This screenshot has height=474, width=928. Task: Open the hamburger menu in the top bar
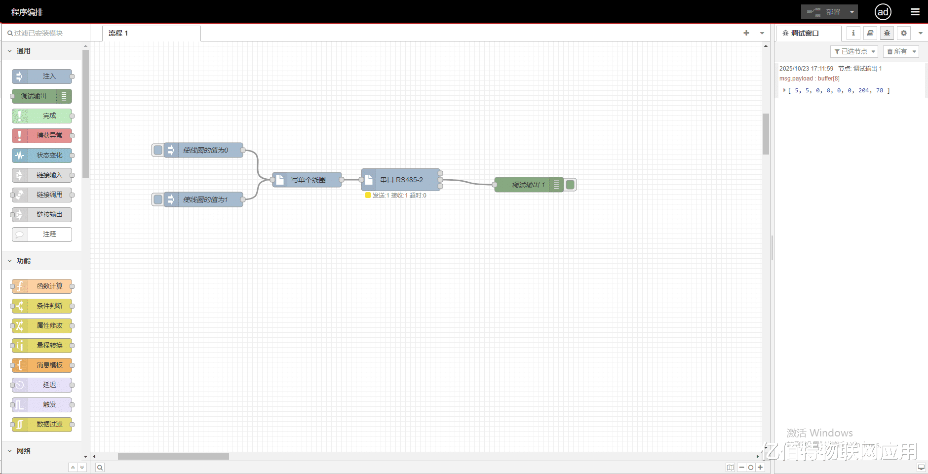(915, 12)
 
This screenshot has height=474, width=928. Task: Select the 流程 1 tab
(118, 33)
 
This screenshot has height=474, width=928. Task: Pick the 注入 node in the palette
(42, 77)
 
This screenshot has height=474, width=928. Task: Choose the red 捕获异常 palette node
(42, 136)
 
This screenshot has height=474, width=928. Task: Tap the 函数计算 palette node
(42, 286)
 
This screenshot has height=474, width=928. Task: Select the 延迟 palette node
(42, 385)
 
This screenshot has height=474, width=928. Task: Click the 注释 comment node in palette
(42, 235)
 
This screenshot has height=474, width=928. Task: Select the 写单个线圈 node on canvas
(308, 180)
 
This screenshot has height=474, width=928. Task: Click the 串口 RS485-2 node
(401, 180)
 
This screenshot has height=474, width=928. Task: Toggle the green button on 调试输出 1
(570, 185)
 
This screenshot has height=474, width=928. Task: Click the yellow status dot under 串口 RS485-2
(368, 196)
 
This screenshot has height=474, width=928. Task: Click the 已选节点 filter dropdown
(854, 51)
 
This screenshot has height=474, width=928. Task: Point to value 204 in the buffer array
(864, 90)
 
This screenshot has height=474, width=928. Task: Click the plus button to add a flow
(746, 33)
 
